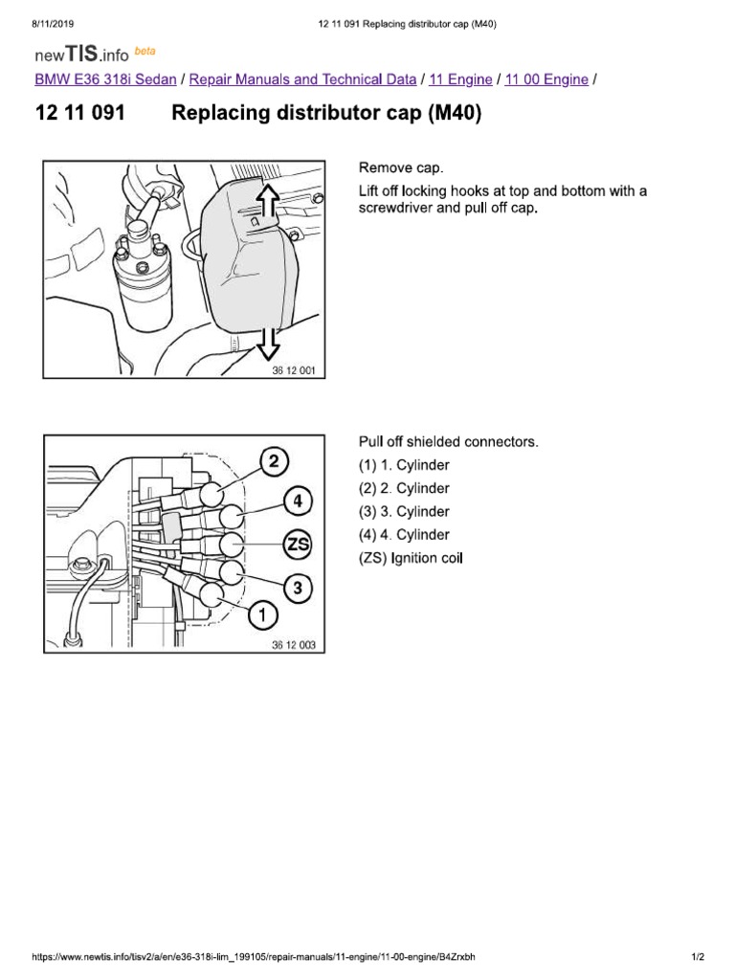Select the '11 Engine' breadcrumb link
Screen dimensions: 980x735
[461, 79]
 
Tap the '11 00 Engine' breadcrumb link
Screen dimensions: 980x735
[546, 79]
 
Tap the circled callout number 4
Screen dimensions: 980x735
[298, 500]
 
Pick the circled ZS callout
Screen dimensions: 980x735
[298, 545]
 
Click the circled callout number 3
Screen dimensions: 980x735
[298, 588]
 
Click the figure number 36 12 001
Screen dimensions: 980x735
[293, 371]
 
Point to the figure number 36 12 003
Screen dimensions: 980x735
[293, 645]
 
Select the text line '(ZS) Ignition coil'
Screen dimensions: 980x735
[411, 558]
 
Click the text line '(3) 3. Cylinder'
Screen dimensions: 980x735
[404, 512]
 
